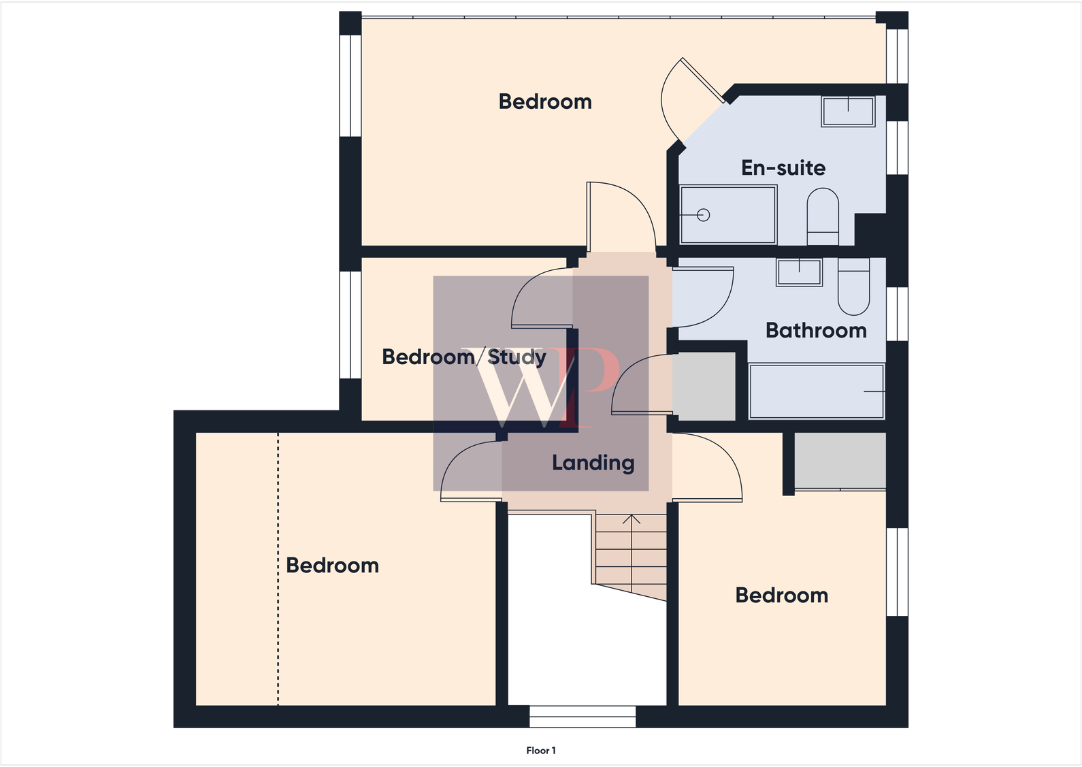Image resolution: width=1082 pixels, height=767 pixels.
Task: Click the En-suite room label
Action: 783,167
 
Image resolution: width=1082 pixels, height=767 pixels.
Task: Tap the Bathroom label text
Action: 816,331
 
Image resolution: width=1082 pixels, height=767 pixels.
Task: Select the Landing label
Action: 593,463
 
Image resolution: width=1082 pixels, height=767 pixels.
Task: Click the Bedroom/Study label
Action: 463,357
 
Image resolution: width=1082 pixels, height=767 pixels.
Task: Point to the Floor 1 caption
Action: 541,751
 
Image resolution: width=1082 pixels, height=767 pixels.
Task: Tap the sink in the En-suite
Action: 848,111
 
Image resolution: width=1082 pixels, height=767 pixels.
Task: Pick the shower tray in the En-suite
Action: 728,214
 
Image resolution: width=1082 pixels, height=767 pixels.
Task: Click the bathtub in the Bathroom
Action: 816,391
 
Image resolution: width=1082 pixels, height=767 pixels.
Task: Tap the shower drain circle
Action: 704,215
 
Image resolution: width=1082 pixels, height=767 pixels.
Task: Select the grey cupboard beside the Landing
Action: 704,386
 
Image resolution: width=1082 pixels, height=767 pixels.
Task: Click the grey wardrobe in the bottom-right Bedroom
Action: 840,460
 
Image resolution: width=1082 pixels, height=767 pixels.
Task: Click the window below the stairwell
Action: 583,717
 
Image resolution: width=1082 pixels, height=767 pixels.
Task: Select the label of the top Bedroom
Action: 544,102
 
